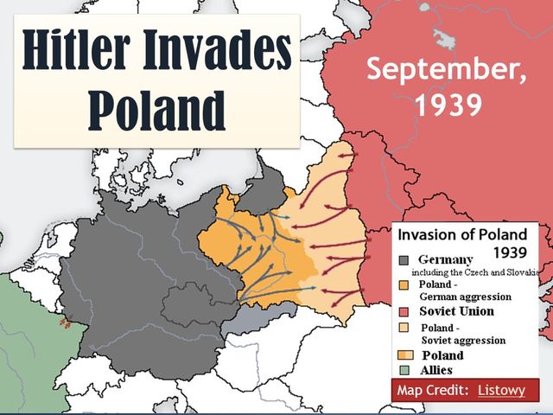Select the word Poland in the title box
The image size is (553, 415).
(157, 110)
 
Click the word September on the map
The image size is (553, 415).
(446, 68)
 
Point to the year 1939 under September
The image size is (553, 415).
(447, 104)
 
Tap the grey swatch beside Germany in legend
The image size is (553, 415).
(404, 259)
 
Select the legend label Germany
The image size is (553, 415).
(445, 259)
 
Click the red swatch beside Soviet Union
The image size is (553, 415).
(404, 311)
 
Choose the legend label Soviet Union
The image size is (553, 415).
(456, 311)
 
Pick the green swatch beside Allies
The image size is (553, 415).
(404, 370)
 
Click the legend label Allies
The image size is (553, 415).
(435, 370)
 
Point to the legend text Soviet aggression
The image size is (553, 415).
(463, 341)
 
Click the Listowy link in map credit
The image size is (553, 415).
(501, 391)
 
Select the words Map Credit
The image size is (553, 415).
(433, 391)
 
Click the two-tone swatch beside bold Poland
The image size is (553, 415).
(404, 355)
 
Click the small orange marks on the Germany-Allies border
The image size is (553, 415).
(63, 322)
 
